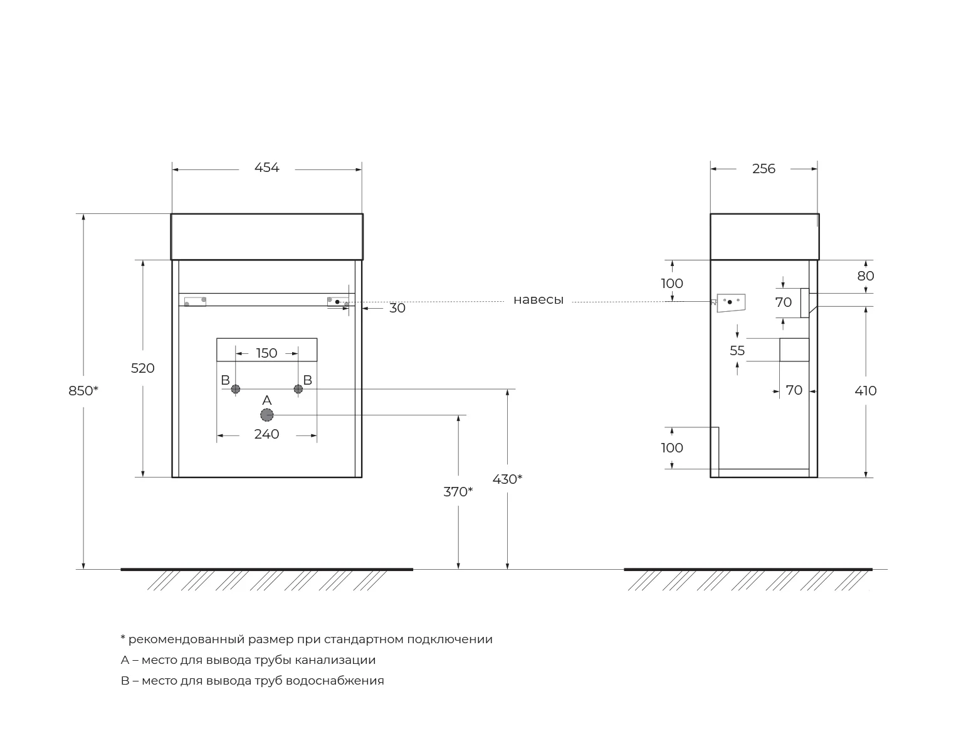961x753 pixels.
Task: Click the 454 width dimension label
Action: click(x=266, y=168)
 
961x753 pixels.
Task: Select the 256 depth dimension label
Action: click(x=764, y=169)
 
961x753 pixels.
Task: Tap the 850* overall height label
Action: click(x=83, y=391)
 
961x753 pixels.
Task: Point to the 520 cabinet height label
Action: click(x=142, y=368)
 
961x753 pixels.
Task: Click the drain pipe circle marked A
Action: click(x=267, y=415)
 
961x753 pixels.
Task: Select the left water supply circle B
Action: click(x=236, y=389)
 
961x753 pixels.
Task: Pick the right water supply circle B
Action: click(x=298, y=389)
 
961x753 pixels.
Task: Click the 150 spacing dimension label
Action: click(x=266, y=353)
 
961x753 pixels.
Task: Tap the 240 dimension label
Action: click(x=266, y=434)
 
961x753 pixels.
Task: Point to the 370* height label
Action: click(x=458, y=492)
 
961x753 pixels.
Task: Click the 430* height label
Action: click(x=507, y=479)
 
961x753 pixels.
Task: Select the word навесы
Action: click(x=538, y=300)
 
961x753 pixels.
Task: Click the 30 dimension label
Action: click(x=397, y=308)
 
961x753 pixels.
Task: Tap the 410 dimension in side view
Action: click(x=866, y=391)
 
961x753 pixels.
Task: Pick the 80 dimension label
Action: click(x=866, y=276)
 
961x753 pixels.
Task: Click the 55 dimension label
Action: click(x=737, y=351)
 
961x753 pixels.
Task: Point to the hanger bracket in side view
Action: click(x=730, y=302)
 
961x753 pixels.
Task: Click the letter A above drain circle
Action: click(x=266, y=400)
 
